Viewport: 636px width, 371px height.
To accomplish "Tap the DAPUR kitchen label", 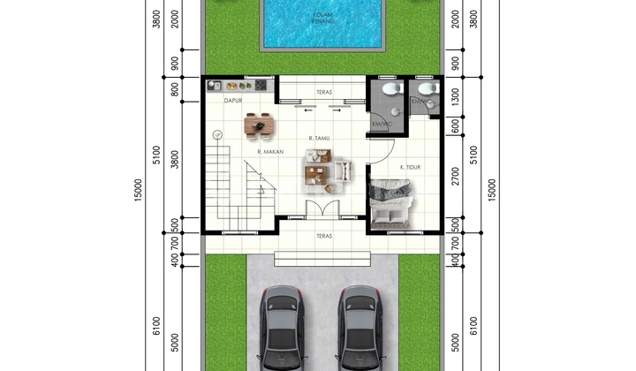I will point(232,101).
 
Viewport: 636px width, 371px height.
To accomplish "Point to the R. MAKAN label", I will point(269,152).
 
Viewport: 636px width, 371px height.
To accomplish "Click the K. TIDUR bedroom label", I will point(410,167).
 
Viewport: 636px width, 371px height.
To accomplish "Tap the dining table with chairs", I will point(261,127).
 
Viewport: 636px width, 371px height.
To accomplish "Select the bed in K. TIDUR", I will point(391,204).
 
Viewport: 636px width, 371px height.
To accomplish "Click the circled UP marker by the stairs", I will point(216,134).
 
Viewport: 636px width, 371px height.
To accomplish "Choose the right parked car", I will point(360,329).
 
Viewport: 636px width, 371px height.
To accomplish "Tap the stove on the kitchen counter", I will point(260,86).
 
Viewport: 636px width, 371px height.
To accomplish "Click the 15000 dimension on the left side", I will point(139,189).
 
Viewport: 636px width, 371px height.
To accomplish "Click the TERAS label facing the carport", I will point(323,237).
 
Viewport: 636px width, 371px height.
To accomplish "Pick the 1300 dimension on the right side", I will point(454,100).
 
